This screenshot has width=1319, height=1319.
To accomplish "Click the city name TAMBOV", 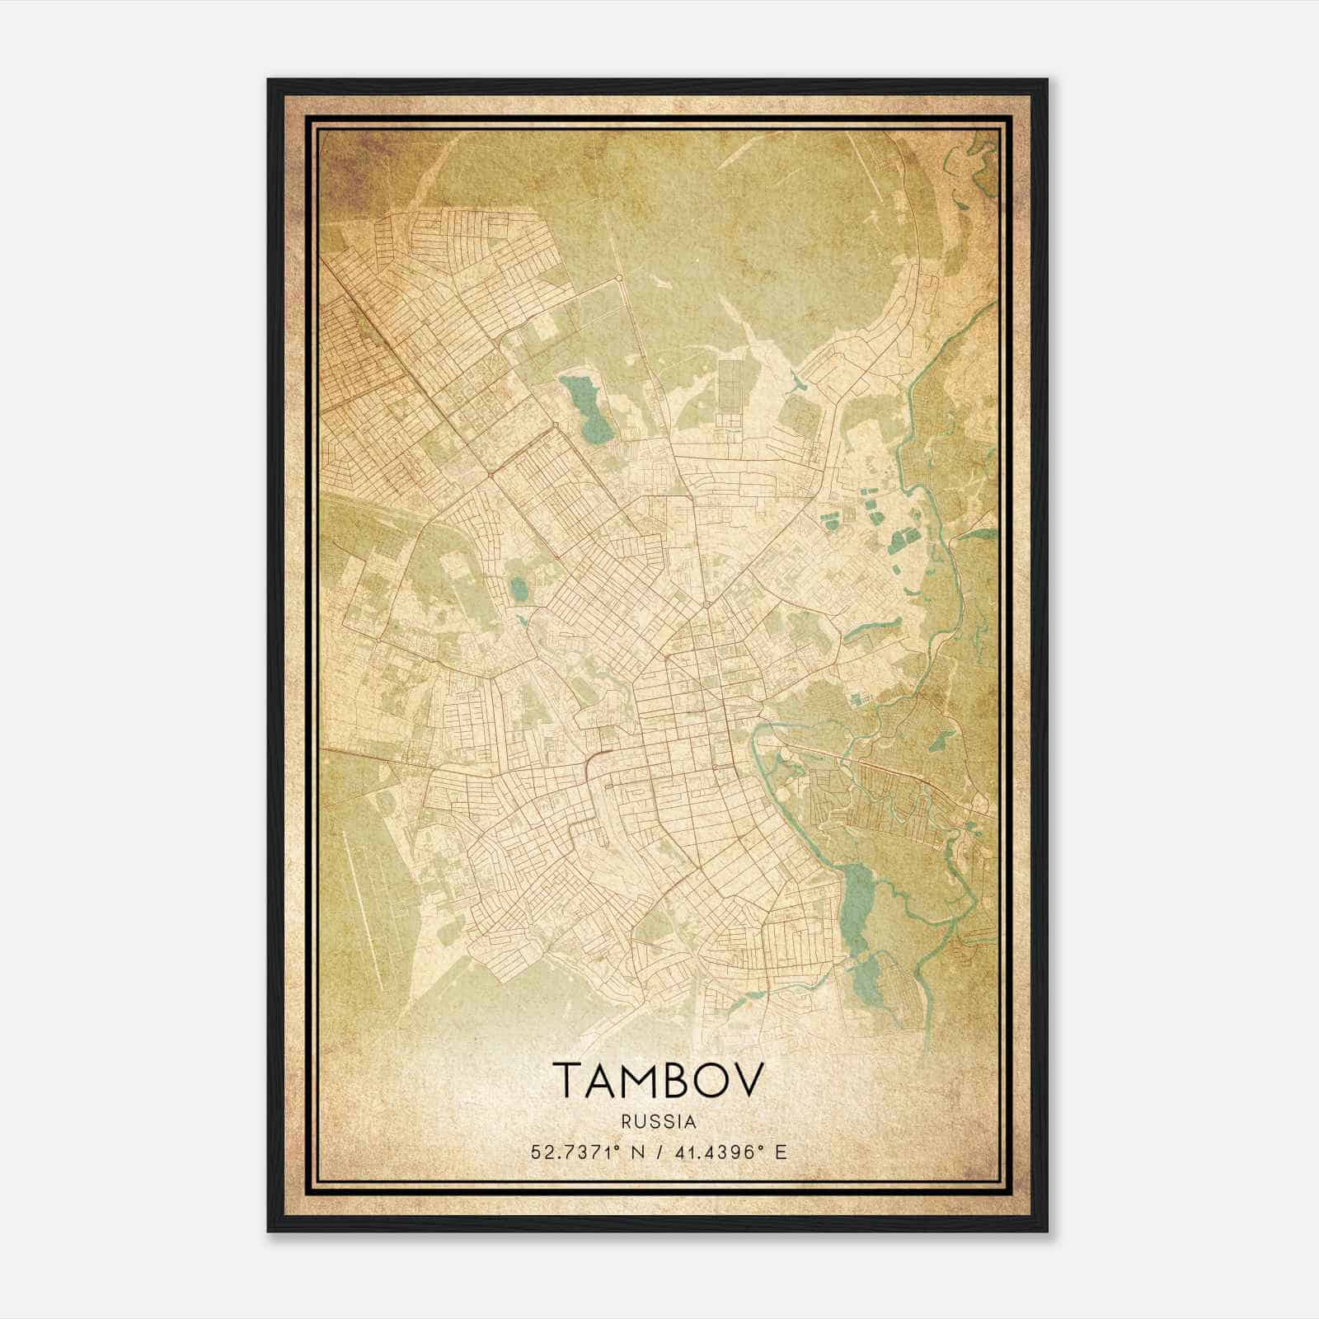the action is coord(658,1080).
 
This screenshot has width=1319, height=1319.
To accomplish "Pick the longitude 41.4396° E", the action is coord(729,1152).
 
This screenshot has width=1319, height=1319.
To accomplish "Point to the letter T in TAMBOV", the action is coord(567,1080).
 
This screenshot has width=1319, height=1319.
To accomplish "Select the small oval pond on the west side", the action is coord(518,589).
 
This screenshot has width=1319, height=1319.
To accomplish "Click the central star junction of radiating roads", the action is coord(706,606).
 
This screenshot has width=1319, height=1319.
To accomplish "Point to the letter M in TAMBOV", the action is coord(635,1080).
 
